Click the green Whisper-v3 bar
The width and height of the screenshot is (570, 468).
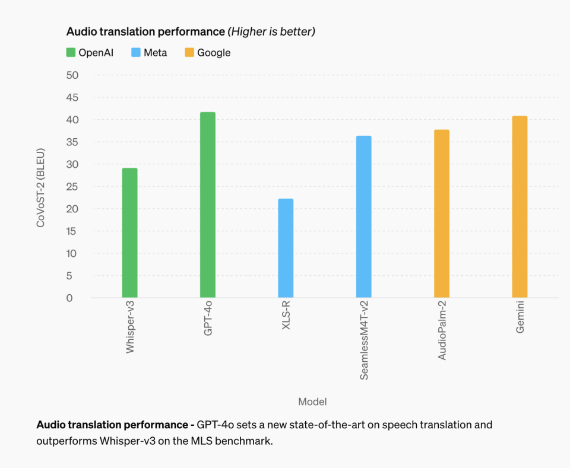click(129, 233)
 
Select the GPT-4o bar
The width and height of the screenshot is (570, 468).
click(208, 205)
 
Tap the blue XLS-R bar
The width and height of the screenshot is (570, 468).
click(286, 248)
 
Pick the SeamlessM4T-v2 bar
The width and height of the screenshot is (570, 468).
click(363, 217)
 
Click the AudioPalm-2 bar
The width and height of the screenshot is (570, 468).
click(442, 214)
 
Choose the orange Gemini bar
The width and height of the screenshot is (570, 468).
click(520, 206)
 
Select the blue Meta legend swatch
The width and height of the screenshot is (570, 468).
click(136, 53)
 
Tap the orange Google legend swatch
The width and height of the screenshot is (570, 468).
click(189, 53)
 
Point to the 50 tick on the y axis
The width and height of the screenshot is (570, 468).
click(72, 75)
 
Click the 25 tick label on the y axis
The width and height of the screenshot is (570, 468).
click(72, 187)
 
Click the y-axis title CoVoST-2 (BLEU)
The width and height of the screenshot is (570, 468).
click(41, 187)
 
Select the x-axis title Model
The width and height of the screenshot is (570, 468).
click(312, 402)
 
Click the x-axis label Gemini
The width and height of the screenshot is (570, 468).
click(520, 317)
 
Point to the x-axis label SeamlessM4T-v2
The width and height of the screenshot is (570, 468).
click(364, 340)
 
